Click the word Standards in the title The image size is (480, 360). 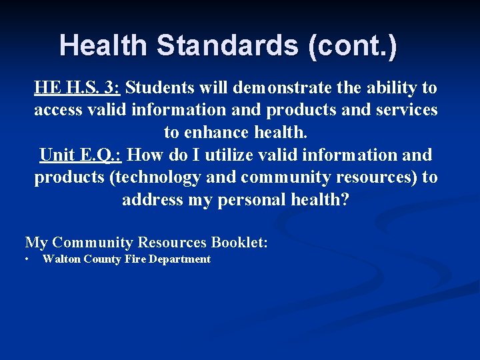tap(226, 46)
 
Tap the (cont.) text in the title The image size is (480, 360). tap(353, 46)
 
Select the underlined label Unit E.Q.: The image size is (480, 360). tap(80, 155)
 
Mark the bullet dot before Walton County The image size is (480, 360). tap(27, 259)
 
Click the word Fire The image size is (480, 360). tap(135, 259)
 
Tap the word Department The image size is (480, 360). tap(179, 259)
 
